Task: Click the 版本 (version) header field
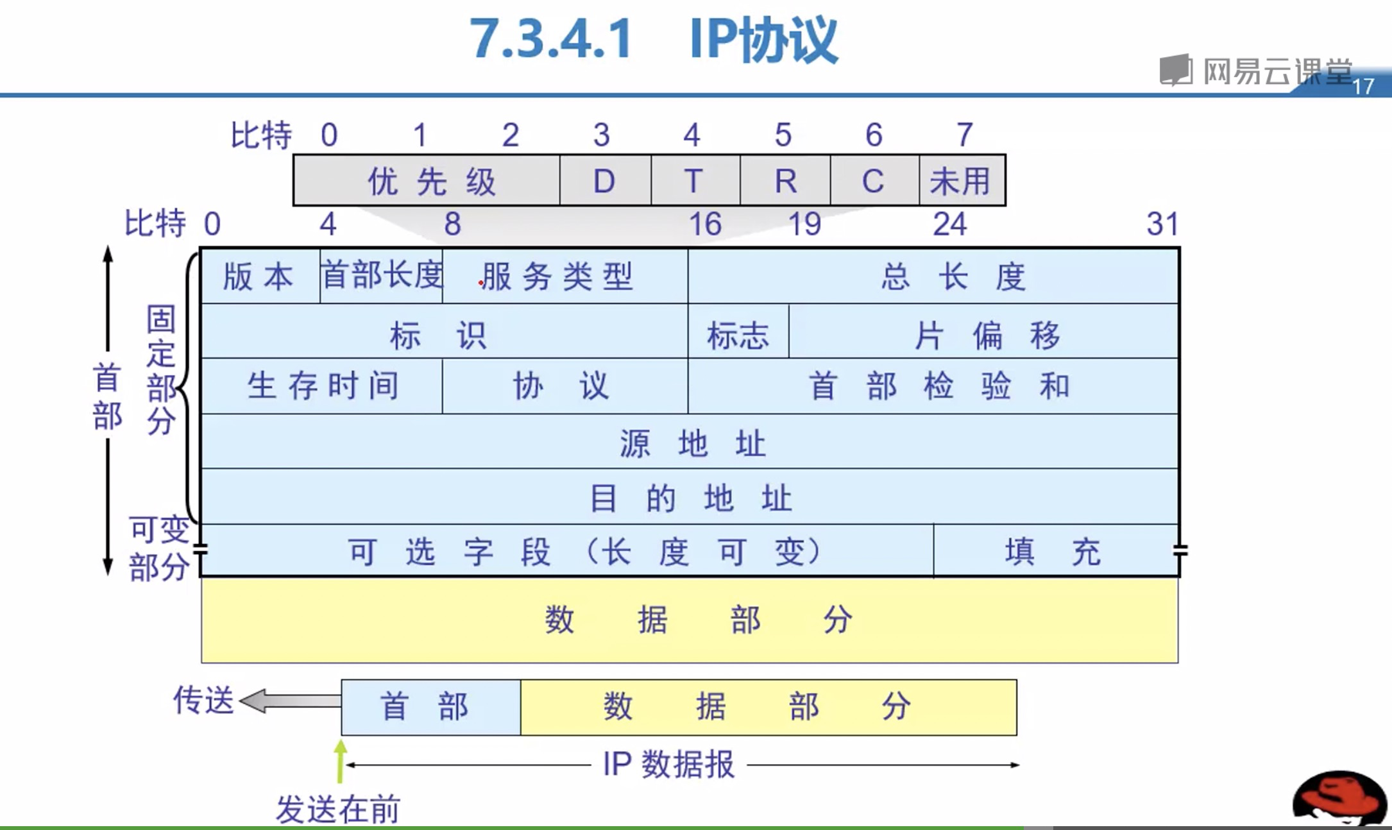pyautogui.click(x=259, y=276)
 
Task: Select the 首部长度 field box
pyautogui.click(x=381, y=276)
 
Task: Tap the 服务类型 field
pyautogui.click(x=564, y=276)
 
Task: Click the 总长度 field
pyautogui.click(x=933, y=276)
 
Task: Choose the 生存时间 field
pyautogui.click(x=322, y=386)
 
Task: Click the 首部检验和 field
pyautogui.click(x=933, y=386)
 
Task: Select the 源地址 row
pyautogui.click(x=690, y=443)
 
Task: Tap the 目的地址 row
pyautogui.click(x=690, y=498)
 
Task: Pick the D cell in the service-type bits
pyautogui.click(x=604, y=181)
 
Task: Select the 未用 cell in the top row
pyautogui.click(x=961, y=181)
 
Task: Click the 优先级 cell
pyautogui.click(x=427, y=181)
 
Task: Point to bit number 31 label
pyautogui.click(x=1162, y=224)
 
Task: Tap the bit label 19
pyautogui.click(x=804, y=224)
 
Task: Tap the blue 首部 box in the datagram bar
pyautogui.click(x=430, y=707)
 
